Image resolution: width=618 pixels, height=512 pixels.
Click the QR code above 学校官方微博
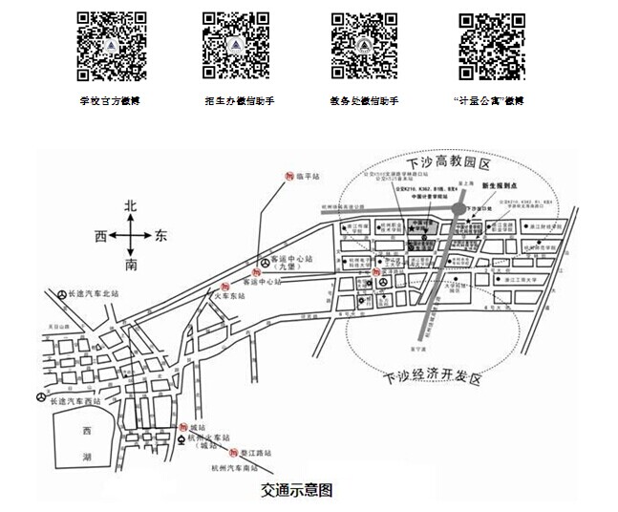[x=112, y=45]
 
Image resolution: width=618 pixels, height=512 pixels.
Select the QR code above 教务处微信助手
[x=364, y=45]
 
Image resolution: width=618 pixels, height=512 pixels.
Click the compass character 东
[x=160, y=235]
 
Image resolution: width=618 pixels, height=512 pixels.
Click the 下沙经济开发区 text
[x=431, y=375]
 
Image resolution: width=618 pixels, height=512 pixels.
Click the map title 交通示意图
[x=297, y=491]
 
